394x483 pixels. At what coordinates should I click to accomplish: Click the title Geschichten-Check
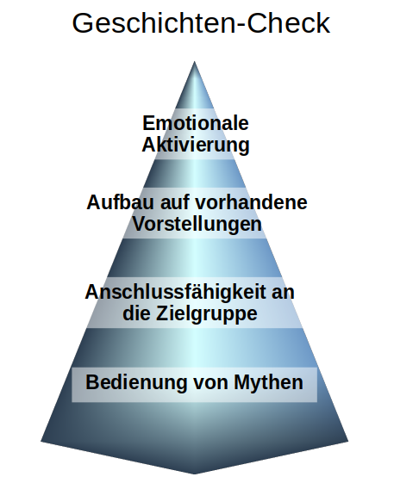click(201, 24)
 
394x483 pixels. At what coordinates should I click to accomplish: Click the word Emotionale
click(196, 123)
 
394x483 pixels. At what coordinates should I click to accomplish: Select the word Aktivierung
click(196, 145)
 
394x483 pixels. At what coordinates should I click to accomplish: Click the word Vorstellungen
click(197, 224)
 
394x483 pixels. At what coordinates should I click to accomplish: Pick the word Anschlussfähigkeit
click(175, 292)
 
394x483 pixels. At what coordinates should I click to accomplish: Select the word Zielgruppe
click(207, 313)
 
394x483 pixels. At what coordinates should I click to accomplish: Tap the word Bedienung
click(137, 382)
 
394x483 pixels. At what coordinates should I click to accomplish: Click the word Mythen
click(269, 382)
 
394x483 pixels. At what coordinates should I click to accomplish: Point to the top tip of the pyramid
click(194, 61)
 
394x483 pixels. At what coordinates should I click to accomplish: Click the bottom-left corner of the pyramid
click(41, 442)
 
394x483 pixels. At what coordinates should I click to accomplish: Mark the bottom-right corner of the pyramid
click(348, 442)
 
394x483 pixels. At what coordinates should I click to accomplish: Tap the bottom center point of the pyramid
click(194, 474)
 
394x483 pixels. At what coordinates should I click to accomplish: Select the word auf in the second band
click(174, 202)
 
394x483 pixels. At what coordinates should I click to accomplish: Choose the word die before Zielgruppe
click(137, 313)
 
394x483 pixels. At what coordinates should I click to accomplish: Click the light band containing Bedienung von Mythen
click(194, 385)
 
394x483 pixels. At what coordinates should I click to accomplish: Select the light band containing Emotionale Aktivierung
click(195, 133)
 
